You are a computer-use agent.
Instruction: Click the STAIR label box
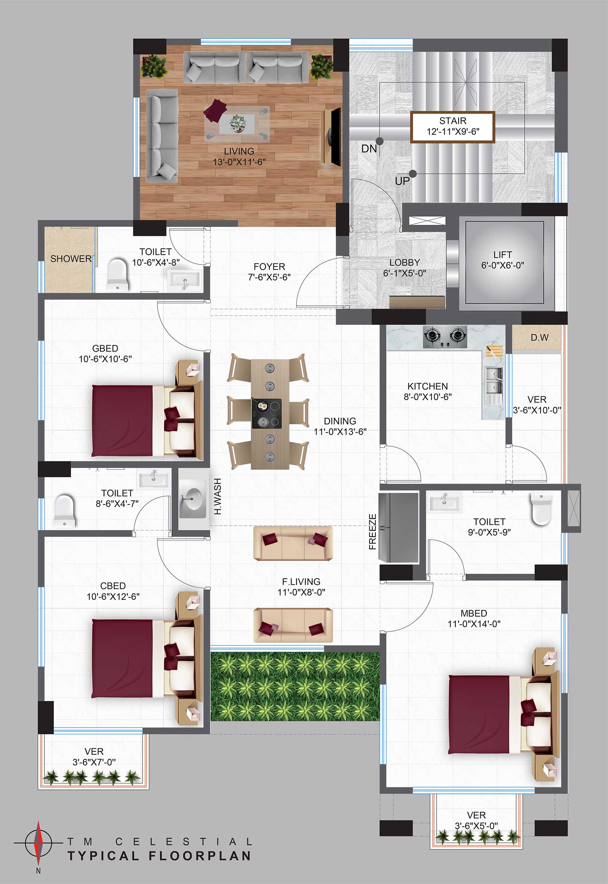tap(452, 127)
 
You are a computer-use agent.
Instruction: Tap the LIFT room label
tap(503, 254)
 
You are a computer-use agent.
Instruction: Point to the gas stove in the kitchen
tap(445, 336)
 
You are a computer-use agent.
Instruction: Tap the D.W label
tap(539, 338)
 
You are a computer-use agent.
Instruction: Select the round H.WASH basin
tap(194, 498)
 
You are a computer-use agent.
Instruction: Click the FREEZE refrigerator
tap(399, 528)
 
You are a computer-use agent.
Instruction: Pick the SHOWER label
tap(71, 259)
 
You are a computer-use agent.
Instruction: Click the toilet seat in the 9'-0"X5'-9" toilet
tap(541, 509)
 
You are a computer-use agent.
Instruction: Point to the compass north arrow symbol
tap(38, 843)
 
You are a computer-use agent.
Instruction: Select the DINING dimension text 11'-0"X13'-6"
tap(340, 432)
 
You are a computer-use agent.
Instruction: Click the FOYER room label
tap(269, 267)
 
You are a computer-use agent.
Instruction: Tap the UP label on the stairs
tap(402, 181)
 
